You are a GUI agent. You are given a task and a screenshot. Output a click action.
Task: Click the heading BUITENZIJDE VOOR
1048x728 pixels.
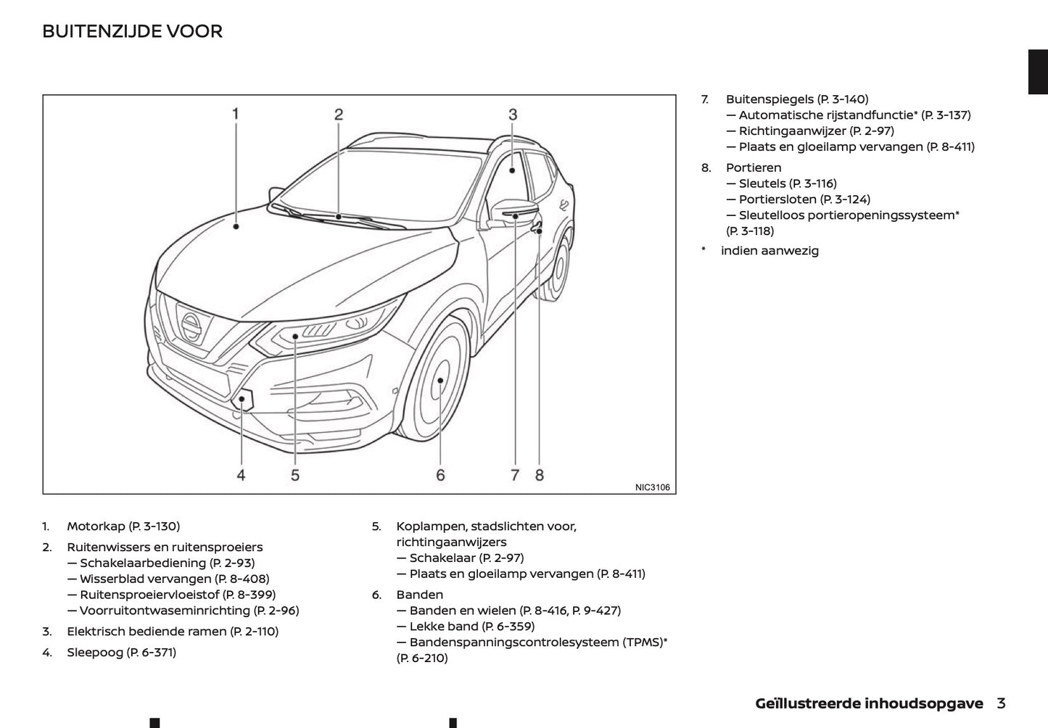(132, 31)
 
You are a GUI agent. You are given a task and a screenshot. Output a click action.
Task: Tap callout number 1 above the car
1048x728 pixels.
(236, 114)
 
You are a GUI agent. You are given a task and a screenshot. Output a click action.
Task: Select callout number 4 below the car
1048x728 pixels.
(241, 475)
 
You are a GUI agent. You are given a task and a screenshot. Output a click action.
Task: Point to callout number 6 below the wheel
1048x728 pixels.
(440, 475)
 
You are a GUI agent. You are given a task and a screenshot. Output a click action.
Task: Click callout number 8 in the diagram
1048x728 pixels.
(540, 475)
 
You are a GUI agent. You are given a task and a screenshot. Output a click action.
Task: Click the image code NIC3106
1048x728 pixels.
(652, 487)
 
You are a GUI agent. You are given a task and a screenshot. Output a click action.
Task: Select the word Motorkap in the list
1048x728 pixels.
(96, 526)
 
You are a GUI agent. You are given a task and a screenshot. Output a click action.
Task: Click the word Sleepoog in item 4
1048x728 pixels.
(95, 653)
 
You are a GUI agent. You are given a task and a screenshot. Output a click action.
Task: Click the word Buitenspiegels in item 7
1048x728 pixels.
(770, 99)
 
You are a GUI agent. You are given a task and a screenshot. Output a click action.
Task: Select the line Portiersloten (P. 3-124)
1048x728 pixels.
(804, 199)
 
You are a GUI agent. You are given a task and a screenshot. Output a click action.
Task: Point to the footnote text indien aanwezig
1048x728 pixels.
(770, 251)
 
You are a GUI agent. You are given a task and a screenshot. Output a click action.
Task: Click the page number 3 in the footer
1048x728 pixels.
(1001, 703)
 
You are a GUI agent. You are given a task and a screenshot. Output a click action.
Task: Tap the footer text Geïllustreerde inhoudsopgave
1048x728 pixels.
(869, 703)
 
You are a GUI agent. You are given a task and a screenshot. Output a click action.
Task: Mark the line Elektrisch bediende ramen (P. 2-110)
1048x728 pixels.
(173, 632)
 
